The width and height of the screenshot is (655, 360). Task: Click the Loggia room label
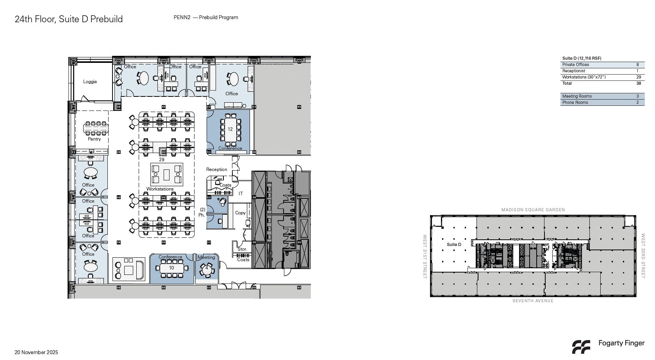90,82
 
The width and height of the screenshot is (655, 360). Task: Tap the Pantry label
94,139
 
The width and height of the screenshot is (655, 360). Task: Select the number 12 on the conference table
230,129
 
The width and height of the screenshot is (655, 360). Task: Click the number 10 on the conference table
171,268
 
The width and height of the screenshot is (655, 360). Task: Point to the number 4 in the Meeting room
207,268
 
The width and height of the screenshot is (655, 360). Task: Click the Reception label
216,169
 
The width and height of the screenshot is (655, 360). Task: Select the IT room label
241,194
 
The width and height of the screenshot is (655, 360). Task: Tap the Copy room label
240,213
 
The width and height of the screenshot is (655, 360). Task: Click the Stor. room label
242,249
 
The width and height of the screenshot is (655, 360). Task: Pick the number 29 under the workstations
161,160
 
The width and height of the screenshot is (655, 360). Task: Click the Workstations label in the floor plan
160,189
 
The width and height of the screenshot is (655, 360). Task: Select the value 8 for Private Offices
637,65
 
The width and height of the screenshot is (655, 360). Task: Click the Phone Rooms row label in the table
575,103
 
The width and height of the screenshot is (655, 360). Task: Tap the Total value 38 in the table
638,84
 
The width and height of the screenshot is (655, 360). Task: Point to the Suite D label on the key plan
454,245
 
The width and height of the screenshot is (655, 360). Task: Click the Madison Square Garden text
533,210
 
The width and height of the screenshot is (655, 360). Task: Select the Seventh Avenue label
533,301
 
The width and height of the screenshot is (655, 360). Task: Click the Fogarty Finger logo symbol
581,346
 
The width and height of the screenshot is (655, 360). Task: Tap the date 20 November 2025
36,353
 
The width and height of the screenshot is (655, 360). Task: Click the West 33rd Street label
643,256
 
